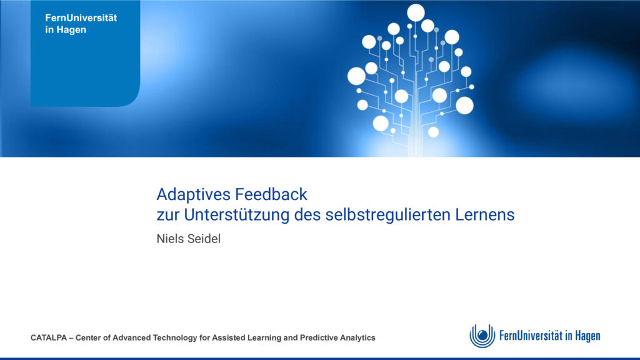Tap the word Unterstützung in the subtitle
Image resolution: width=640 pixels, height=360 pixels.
pyautogui.click(x=236, y=215)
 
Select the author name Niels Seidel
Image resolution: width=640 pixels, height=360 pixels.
pyautogui.click(x=189, y=239)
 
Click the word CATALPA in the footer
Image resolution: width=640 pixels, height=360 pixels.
pyautogui.click(x=49, y=338)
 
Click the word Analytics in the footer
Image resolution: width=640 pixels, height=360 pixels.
pyautogui.click(x=357, y=338)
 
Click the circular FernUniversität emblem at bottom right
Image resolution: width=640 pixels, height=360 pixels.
pyautogui.click(x=482, y=336)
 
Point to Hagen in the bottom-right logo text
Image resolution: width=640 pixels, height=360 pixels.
pyautogui.click(x=587, y=336)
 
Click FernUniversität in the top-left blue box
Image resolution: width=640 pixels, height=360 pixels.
pyautogui.click(x=81, y=18)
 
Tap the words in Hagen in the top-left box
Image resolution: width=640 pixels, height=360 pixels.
pyautogui.click(x=66, y=30)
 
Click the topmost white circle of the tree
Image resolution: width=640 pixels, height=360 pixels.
pyautogui.click(x=416, y=12)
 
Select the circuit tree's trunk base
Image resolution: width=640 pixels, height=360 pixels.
pyautogui.click(x=416, y=151)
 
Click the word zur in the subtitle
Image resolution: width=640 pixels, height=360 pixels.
pyautogui.click(x=167, y=216)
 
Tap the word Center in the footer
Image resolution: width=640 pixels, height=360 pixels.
pyautogui.click(x=89, y=338)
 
